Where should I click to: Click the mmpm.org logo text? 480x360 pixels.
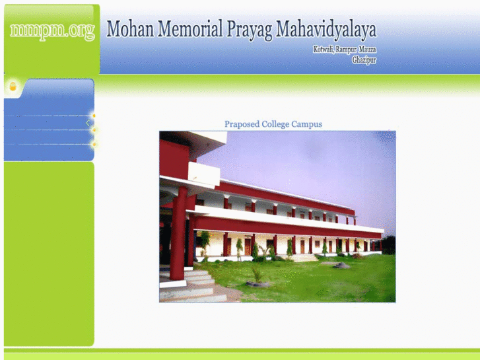point(52,31)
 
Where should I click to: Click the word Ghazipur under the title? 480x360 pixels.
point(364,60)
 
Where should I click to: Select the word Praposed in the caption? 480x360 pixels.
point(242,124)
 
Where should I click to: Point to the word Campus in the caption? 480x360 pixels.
point(307,124)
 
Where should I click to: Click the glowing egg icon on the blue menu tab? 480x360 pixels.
point(13,87)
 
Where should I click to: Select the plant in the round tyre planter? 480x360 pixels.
point(257,277)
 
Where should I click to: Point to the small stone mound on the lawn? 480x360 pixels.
point(341,266)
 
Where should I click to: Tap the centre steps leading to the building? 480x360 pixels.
point(305,258)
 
